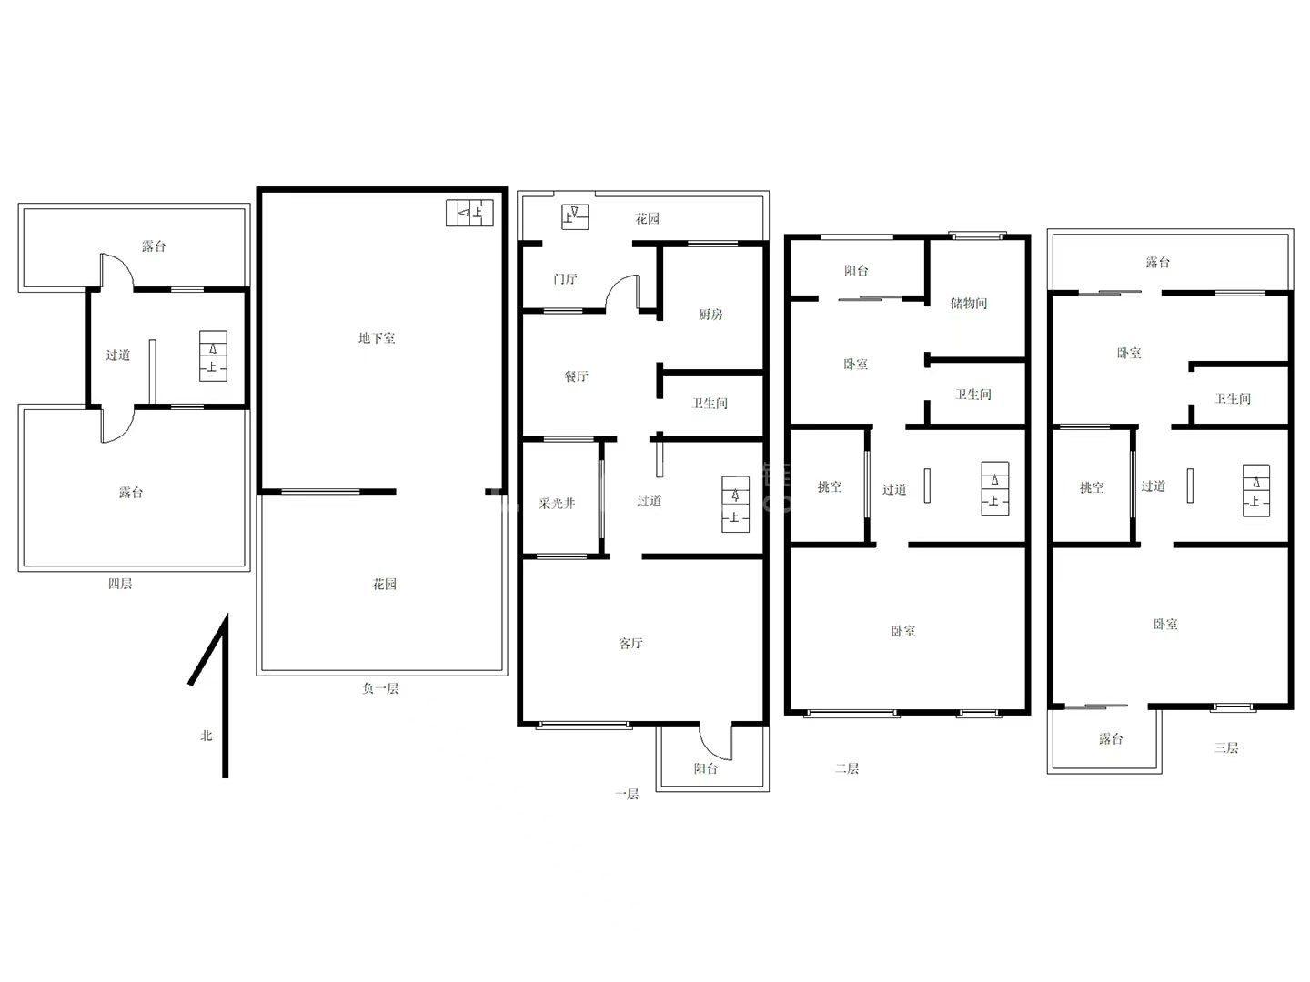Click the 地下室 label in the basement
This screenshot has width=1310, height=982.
click(x=377, y=338)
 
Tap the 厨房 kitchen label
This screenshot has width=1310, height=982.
click(x=710, y=315)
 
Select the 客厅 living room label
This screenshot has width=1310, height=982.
click(x=630, y=644)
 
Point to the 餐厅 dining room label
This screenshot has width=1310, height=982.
click(x=577, y=376)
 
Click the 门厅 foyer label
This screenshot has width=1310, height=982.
click(x=565, y=278)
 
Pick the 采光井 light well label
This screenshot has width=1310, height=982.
click(x=557, y=503)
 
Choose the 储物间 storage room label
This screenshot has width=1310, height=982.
click(x=969, y=303)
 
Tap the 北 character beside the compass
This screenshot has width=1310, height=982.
click(x=207, y=736)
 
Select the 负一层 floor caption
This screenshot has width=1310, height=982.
click(x=380, y=688)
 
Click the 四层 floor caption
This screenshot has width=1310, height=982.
click(x=120, y=584)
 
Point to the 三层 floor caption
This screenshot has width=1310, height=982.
click(x=1225, y=747)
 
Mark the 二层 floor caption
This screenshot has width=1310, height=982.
click(x=847, y=768)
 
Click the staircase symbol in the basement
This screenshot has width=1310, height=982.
click(x=469, y=213)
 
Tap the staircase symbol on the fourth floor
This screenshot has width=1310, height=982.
click(x=213, y=356)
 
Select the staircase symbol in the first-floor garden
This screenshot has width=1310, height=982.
click(x=575, y=217)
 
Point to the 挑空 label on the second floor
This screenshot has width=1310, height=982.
click(x=830, y=487)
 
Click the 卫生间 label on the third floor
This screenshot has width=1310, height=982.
click(x=1233, y=398)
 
